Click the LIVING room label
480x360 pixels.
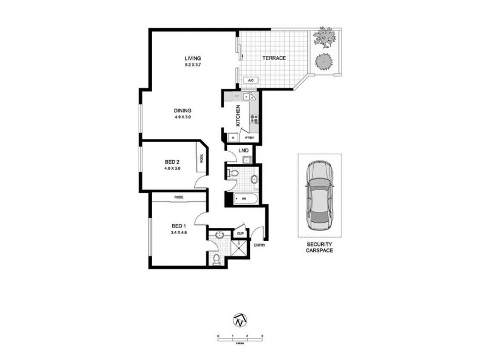coord(193,58)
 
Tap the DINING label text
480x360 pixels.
coord(182,110)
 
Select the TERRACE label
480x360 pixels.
coord(274,58)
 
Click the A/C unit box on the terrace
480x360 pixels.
coord(251,80)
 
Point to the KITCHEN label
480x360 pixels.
coord(238,115)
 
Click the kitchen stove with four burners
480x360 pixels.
coord(254,118)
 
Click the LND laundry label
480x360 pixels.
coord(244,151)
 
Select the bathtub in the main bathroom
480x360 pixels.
coord(246,198)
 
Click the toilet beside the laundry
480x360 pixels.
coord(235,174)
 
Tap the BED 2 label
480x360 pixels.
coord(172,162)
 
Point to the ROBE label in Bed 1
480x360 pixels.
coord(179,198)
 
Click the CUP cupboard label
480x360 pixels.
coord(240,233)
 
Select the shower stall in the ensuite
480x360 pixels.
coord(239,247)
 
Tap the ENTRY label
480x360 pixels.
coord(259,245)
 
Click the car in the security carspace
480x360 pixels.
coord(319,197)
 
